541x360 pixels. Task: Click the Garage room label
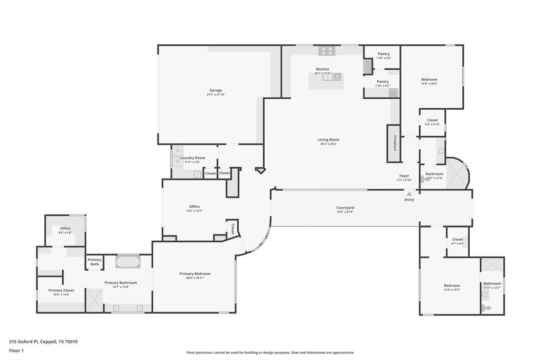[215, 90]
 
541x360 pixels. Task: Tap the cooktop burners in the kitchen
[327, 51]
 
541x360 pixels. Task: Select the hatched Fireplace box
[394, 143]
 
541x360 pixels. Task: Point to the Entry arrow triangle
[409, 194]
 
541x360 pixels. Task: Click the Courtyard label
[345, 207]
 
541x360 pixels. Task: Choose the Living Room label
[328, 140]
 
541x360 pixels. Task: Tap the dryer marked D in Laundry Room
[178, 150]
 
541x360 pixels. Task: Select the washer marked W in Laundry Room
[178, 161]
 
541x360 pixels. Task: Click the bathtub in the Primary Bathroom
[128, 262]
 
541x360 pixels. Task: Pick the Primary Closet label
[61, 290]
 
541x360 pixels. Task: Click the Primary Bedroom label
[194, 273]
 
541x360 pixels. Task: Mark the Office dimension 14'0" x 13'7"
[194, 211]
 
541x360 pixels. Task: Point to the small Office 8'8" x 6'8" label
[65, 229]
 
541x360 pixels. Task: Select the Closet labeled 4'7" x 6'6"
[458, 239]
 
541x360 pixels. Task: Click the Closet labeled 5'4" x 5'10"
[432, 120]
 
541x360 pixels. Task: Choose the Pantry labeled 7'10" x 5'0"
[383, 54]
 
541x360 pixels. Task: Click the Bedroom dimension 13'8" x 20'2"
[429, 84]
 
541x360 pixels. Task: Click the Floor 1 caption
[16, 350]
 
